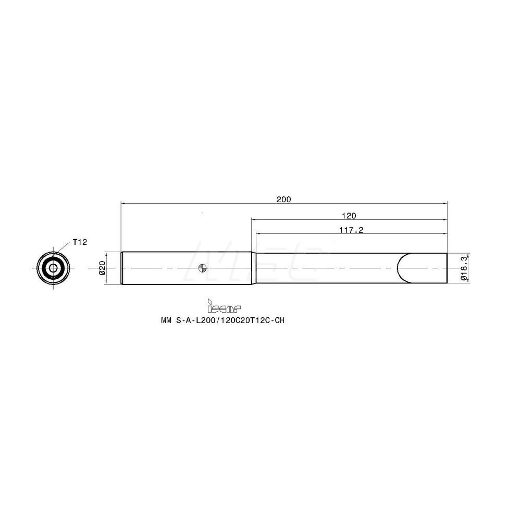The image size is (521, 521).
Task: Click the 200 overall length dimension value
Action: tap(284, 199)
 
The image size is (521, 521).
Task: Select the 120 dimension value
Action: tap(349, 215)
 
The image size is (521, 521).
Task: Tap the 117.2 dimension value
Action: tap(349, 229)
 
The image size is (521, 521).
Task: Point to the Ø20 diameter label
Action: tap(102, 268)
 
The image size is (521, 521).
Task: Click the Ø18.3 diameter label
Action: tap(464, 268)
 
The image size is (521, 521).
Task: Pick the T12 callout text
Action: tap(79, 242)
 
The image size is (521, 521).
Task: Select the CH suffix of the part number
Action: tap(280, 321)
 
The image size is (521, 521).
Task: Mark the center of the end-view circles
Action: tap(53, 268)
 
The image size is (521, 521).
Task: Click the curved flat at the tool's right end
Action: tap(400, 268)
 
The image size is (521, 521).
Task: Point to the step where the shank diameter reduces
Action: tap(254, 268)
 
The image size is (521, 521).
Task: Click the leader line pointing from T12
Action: tap(66, 249)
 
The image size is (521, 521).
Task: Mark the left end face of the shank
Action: tap(121, 268)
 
